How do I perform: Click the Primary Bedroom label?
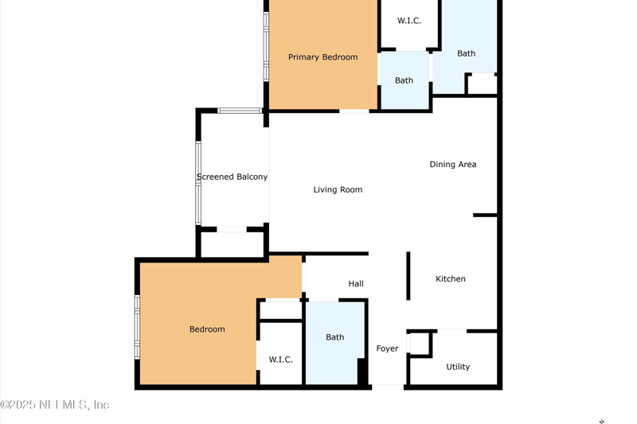pyautogui.click(x=323, y=57)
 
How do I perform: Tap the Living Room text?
pyautogui.click(x=338, y=189)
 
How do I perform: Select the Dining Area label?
pyautogui.click(x=453, y=165)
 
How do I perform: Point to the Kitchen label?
pyautogui.click(x=451, y=278)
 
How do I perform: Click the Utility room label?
pyautogui.click(x=458, y=367)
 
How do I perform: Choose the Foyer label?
pyautogui.click(x=387, y=348)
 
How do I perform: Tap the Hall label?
pyautogui.click(x=356, y=284)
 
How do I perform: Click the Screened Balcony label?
pyautogui.click(x=232, y=177)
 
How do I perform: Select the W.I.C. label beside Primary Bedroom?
pyautogui.click(x=409, y=21)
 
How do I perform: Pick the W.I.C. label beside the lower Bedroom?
pyautogui.click(x=281, y=360)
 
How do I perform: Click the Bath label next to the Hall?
pyautogui.click(x=334, y=337)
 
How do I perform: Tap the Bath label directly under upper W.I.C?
pyautogui.click(x=404, y=80)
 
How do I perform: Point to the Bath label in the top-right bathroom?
pyautogui.click(x=466, y=53)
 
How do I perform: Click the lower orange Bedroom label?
pyautogui.click(x=207, y=329)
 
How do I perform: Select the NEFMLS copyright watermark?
pyautogui.click(x=55, y=405)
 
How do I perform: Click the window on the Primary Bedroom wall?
pyautogui.click(x=266, y=47)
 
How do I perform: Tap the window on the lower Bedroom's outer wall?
pyautogui.click(x=137, y=327)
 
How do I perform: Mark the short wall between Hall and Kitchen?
pyautogui.click(x=408, y=276)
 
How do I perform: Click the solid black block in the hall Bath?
pyautogui.click(x=362, y=371)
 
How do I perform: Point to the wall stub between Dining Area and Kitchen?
pyautogui.click(x=485, y=215)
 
